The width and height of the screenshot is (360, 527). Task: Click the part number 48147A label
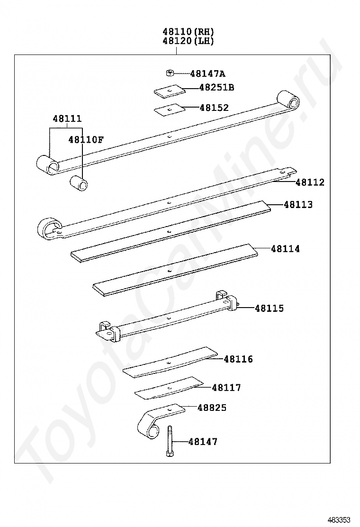(207, 73)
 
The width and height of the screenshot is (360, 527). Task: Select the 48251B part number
(216, 87)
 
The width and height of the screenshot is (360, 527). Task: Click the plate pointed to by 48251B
(170, 91)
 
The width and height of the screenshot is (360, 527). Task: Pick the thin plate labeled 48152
(170, 109)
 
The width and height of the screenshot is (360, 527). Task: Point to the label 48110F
(86, 139)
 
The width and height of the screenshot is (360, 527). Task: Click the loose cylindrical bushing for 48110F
(79, 183)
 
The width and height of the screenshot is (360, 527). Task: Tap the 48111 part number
(67, 118)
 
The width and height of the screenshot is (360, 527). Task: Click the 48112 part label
(310, 182)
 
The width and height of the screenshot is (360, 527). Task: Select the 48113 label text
(298, 204)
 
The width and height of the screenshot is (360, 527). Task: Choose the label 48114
(286, 249)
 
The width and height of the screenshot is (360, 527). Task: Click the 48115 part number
(270, 308)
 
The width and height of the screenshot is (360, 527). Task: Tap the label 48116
(238, 359)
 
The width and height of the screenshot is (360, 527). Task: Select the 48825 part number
(212, 408)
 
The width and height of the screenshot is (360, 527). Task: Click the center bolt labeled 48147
(170, 441)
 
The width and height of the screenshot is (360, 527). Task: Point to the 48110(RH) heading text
(189, 32)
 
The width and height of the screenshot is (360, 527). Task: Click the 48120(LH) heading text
(189, 41)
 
